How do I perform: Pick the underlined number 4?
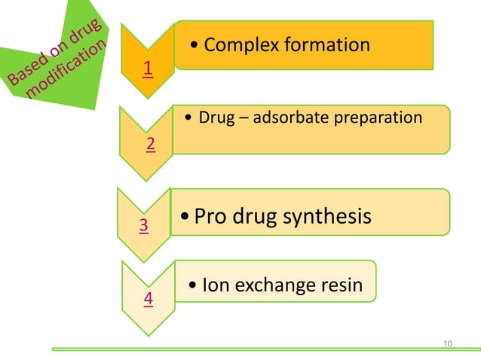pyautogui.click(x=149, y=298)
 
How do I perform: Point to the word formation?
pyautogui.click(x=325, y=44)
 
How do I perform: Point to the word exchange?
pyautogui.click(x=271, y=285)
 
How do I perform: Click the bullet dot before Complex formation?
pyautogui.click(x=195, y=46)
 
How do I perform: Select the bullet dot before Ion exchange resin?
pyautogui.click(x=195, y=286)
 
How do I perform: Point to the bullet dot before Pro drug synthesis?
pyautogui.click(x=186, y=218)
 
